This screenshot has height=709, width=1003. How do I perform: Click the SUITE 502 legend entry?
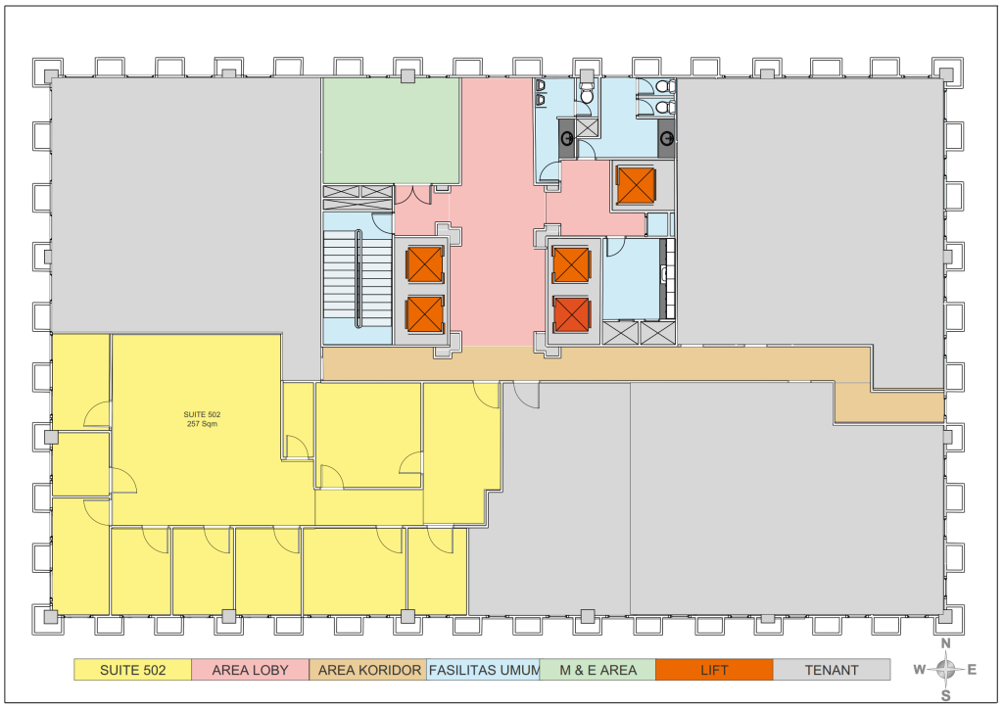click(x=132, y=670)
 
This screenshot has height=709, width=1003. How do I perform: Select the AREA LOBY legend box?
click(x=250, y=670)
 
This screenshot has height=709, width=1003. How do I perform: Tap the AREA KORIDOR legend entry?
click(x=368, y=670)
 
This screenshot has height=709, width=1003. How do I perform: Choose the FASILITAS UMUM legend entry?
click(x=484, y=670)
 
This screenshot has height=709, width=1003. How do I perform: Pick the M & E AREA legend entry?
click(x=598, y=670)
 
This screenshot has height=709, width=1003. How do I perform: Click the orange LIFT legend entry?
click(x=714, y=670)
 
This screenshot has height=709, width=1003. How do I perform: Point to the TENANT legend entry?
click(x=832, y=670)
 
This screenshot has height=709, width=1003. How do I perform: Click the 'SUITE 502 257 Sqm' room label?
click(x=202, y=419)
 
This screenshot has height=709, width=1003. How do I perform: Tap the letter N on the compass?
click(x=946, y=643)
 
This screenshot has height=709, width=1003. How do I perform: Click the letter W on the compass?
click(x=919, y=670)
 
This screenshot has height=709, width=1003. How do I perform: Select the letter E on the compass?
click(x=972, y=670)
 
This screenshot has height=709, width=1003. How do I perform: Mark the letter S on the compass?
click(x=946, y=696)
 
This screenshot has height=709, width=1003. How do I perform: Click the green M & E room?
click(x=391, y=131)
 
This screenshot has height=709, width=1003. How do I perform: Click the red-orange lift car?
click(x=571, y=314)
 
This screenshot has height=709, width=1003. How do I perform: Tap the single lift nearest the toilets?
click(x=636, y=185)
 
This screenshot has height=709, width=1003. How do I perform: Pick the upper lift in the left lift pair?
click(x=425, y=264)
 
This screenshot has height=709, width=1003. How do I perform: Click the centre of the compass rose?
click(x=946, y=670)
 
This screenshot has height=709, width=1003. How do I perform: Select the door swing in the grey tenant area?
click(x=526, y=395)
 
